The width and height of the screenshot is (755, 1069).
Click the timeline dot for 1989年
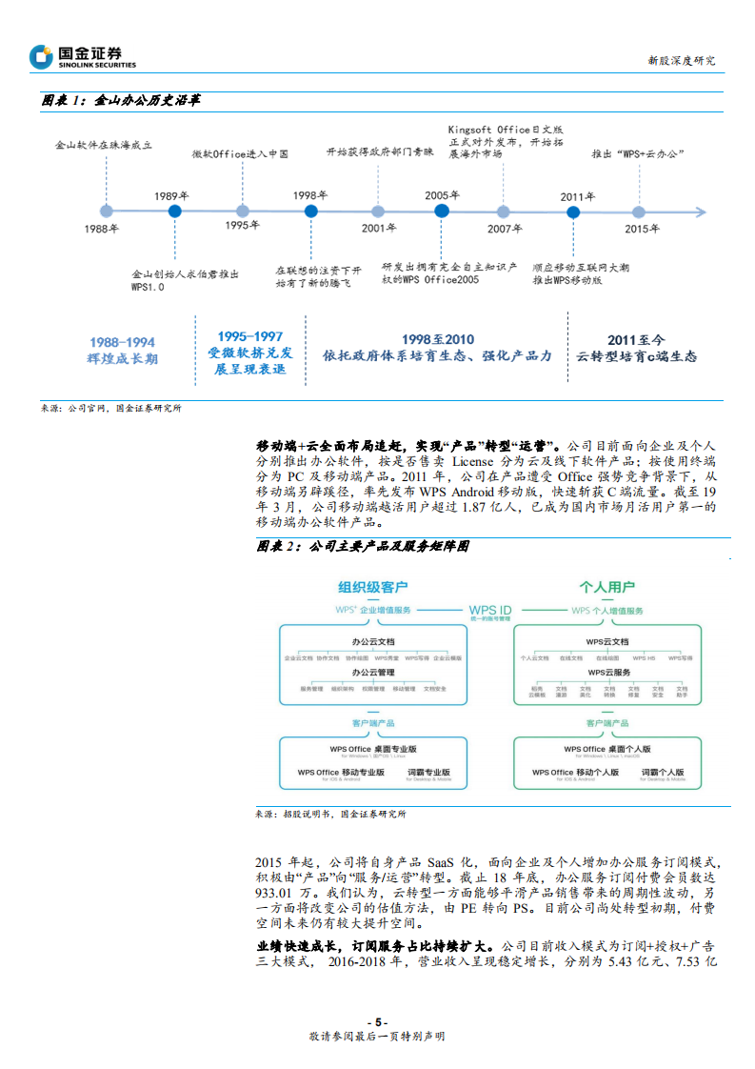pyautogui.click(x=173, y=211)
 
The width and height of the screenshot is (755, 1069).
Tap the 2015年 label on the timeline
pyautogui.click(x=642, y=229)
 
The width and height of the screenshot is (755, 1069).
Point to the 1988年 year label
pyautogui.click(x=102, y=229)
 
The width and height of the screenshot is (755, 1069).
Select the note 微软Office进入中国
pyautogui.click(x=240, y=153)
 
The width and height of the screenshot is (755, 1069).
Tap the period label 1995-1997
pyautogui.click(x=249, y=336)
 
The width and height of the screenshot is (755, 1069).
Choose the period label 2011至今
pyautogui.click(x=637, y=339)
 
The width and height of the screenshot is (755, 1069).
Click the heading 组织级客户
pyautogui.click(x=372, y=587)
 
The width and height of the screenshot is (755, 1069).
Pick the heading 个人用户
pyautogui.click(x=607, y=587)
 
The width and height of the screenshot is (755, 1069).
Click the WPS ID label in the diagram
pyautogui.click(x=490, y=610)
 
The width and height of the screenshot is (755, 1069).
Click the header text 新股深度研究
pyautogui.click(x=681, y=60)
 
